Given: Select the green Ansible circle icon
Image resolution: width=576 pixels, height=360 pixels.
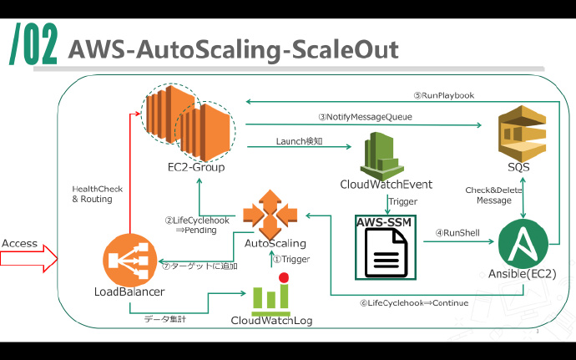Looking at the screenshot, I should [x=523, y=243].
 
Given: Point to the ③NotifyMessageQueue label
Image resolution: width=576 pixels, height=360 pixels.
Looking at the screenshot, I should [x=365, y=117].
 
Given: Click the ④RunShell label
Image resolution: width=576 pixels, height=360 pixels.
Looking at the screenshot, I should [x=457, y=233].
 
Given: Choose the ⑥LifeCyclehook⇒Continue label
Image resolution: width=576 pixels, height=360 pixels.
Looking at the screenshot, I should [x=413, y=302].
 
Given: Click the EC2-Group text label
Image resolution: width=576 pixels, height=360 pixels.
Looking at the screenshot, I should [x=196, y=167].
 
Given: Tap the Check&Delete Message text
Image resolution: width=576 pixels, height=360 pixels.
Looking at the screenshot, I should [x=493, y=195].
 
